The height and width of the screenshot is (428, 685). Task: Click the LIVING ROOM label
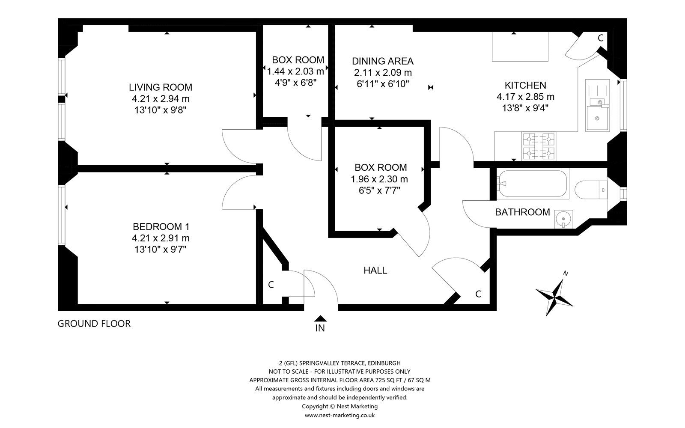pos(161,87)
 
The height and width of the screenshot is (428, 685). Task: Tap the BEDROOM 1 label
pos(161,226)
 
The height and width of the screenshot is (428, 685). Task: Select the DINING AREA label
pos(382,61)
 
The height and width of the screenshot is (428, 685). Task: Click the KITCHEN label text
pos(525,85)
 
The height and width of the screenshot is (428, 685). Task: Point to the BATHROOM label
pos(522,212)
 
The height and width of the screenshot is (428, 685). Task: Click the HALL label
pos(375,270)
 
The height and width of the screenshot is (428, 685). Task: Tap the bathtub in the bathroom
pos(532,184)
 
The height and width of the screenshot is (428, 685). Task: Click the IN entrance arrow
pos(320,318)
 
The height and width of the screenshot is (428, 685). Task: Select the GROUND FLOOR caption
pos(94,324)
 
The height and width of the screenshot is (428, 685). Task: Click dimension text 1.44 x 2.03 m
pos(295,71)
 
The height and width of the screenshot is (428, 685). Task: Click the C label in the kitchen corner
pos(601,38)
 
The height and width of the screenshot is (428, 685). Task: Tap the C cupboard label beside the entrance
pos(271,285)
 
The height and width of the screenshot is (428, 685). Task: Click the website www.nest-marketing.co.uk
pos(340,415)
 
